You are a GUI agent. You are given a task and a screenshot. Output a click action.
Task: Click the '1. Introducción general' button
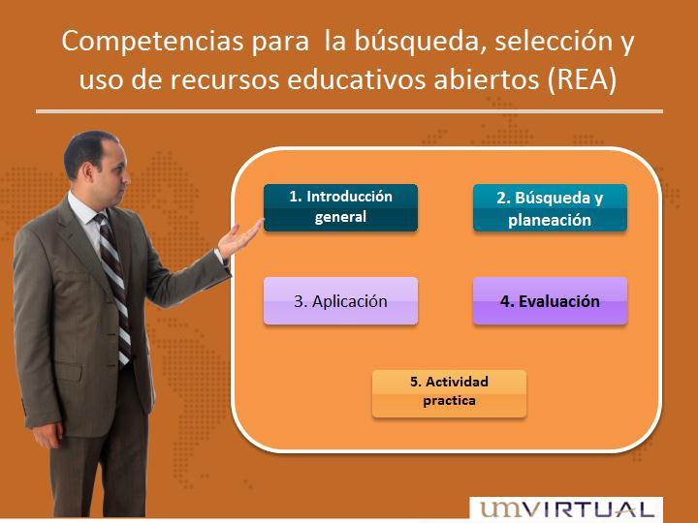pyautogui.click(x=340, y=207)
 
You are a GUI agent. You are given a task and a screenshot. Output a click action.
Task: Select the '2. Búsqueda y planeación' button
pyautogui.click(x=550, y=207)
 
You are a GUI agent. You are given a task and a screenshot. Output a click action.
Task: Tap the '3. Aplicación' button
pyautogui.click(x=340, y=300)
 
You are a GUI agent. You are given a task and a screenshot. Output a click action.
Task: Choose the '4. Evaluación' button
pyautogui.click(x=550, y=300)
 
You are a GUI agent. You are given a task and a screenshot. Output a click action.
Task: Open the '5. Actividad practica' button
pyautogui.click(x=449, y=393)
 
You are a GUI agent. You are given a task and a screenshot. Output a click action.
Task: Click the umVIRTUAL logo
pyautogui.click(x=566, y=509)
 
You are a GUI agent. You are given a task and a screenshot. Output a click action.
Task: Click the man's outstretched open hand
pyautogui.click(x=239, y=239)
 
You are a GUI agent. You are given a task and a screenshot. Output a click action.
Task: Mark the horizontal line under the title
pyautogui.click(x=349, y=111)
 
